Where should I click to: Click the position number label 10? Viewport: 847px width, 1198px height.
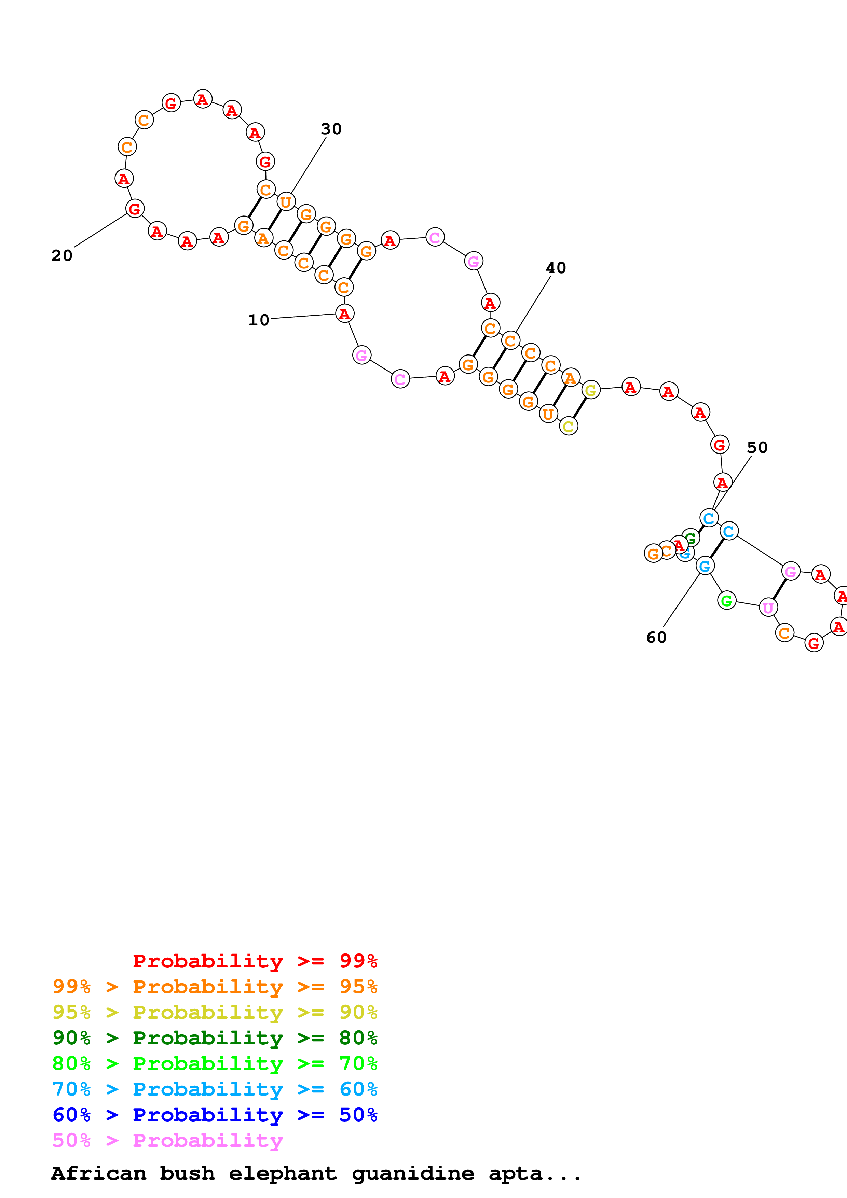(258, 320)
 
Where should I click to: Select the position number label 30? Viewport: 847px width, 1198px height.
(331, 128)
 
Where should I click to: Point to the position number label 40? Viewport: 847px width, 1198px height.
(556, 268)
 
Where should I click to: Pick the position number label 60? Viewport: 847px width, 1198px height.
(656, 637)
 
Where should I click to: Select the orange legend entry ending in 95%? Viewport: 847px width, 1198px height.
(215, 986)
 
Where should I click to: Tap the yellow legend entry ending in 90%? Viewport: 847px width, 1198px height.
(215, 1012)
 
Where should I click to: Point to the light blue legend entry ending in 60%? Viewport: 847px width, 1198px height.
(215, 1089)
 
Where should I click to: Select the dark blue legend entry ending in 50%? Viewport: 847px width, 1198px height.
(215, 1115)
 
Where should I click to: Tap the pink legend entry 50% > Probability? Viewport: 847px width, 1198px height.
(167, 1140)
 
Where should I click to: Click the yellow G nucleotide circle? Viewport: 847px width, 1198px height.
(591, 390)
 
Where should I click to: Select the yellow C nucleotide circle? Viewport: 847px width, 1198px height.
(568, 426)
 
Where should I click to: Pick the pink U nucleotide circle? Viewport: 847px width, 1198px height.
(768, 607)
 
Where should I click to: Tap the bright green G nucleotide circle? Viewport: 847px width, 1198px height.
(726, 601)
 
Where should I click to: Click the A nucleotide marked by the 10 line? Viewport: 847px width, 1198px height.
(344, 314)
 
